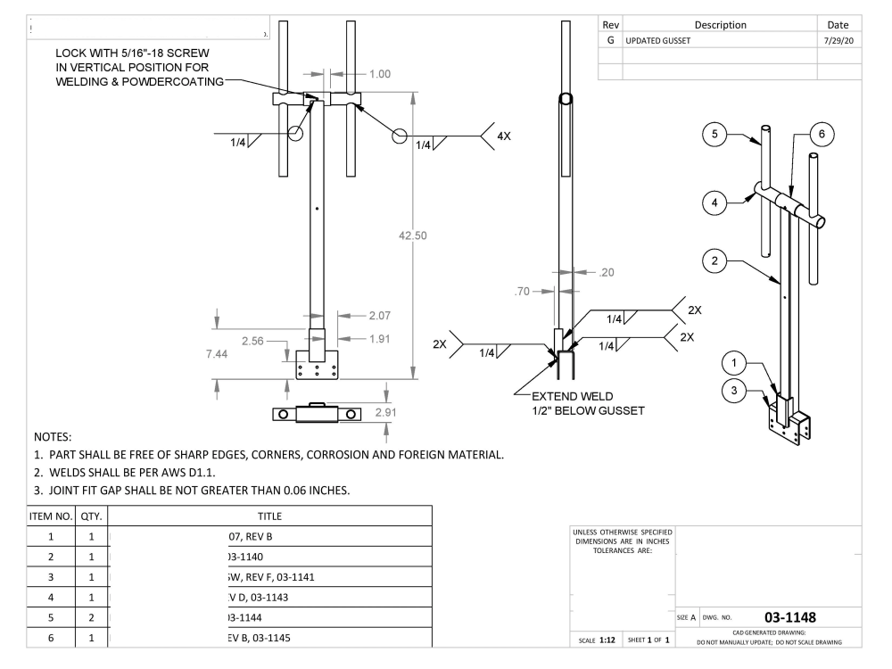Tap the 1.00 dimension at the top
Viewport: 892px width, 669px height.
click(x=380, y=74)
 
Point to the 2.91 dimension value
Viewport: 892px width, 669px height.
click(x=385, y=413)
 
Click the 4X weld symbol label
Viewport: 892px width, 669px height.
click(x=504, y=136)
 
